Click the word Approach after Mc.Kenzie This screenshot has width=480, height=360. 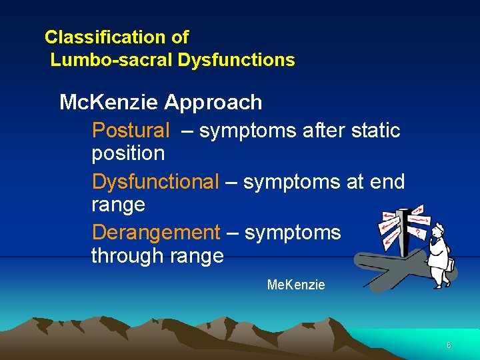pyautogui.click(x=213, y=103)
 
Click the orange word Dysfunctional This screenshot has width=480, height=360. pyautogui.click(x=155, y=181)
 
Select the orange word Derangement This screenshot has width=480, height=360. pyautogui.click(x=155, y=232)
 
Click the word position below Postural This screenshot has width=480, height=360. pyautogui.click(x=128, y=153)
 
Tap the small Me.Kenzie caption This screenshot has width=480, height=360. pyautogui.click(x=296, y=285)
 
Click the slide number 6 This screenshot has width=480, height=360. pyautogui.click(x=449, y=345)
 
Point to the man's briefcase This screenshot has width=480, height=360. pyautogui.click(x=452, y=265)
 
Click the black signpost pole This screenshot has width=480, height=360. pyautogui.click(x=405, y=233)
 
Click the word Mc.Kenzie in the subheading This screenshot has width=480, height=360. pyautogui.click(x=109, y=103)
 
